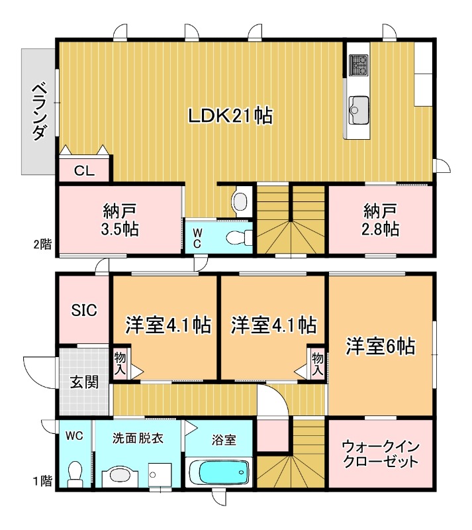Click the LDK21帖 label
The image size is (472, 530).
coord(230,115)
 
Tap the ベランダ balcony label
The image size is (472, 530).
coord(39,111)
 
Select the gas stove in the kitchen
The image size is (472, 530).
coord(359,65)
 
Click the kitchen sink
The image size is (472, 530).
coord(359,110)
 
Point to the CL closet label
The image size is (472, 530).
coord(85,171)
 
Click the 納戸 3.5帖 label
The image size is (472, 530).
coord(120,220)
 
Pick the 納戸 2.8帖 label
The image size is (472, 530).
coord(381,220)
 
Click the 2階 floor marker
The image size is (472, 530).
coord(42,244)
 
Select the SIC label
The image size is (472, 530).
coord(84,310)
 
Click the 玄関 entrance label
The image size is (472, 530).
coord(85,382)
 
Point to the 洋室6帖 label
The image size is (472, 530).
coord(381,346)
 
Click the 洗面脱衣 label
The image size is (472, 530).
coord(138,439)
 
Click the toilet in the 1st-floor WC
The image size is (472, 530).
coord(75,474)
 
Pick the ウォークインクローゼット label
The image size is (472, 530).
coord(381,454)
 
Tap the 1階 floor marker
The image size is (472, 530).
coord(42,481)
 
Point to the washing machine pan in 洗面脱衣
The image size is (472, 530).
coord(160,475)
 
